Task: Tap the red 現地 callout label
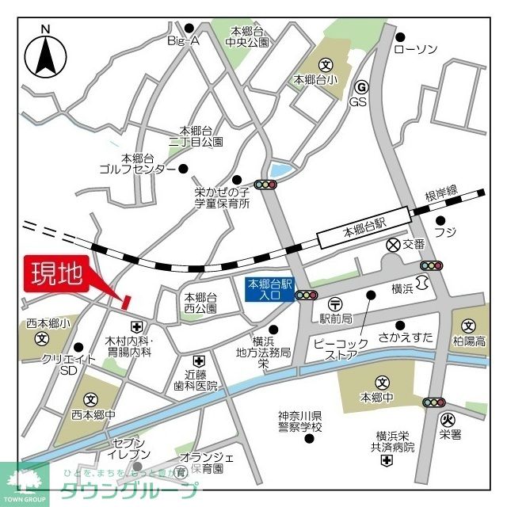tap(56, 274)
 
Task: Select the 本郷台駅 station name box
tap(362, 232)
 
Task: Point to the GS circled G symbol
tap(360, 87)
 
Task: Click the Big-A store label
tap(183, 40)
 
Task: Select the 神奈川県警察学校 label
tap(300, 421)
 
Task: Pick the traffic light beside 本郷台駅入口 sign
tap(307, 295)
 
